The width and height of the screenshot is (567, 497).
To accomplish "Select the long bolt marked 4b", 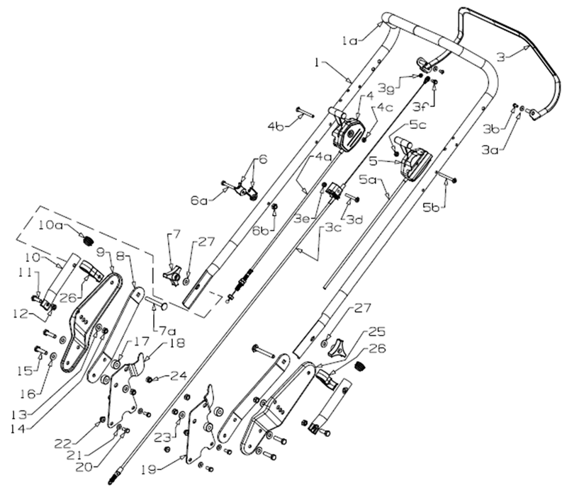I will tap(305, 110).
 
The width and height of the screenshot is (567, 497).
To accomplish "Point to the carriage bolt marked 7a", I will tap(157, 306).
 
